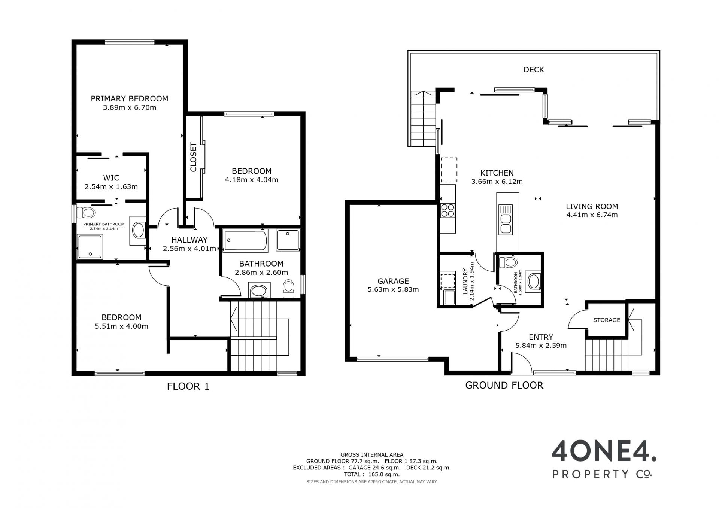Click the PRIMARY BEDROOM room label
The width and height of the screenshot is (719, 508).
130,99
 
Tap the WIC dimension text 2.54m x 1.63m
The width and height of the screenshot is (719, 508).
111,186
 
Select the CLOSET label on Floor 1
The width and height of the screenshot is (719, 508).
193,157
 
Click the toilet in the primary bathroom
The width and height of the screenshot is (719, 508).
86,213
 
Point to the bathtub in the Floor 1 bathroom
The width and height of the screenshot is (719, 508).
246,240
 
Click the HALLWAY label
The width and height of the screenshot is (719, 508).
189,240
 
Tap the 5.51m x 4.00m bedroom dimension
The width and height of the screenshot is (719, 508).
121,326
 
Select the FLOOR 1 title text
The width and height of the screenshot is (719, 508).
188,386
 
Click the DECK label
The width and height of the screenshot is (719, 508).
534,70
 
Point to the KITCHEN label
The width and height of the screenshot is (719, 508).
497,173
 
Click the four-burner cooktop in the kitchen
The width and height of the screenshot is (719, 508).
448,210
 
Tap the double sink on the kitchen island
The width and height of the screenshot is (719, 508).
506,220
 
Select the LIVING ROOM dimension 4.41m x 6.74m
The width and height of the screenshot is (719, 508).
592,215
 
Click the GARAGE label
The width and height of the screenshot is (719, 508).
393,281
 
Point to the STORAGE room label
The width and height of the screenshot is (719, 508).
607,320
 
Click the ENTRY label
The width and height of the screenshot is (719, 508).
541,337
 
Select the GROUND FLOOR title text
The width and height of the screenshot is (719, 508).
504,386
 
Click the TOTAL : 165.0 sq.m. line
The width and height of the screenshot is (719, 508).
372,474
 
